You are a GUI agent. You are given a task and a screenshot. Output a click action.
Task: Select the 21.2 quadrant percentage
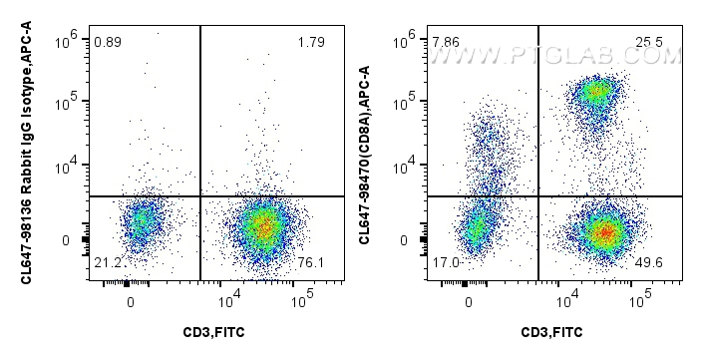coord(107,262)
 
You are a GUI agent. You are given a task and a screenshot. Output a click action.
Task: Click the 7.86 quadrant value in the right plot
coord(445,43)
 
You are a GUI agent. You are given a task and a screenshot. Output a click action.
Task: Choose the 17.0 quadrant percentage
coord(445,262)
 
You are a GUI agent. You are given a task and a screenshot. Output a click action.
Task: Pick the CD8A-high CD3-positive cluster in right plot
coord(596,94)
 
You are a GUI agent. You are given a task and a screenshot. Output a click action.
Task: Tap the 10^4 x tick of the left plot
coord(229,297)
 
